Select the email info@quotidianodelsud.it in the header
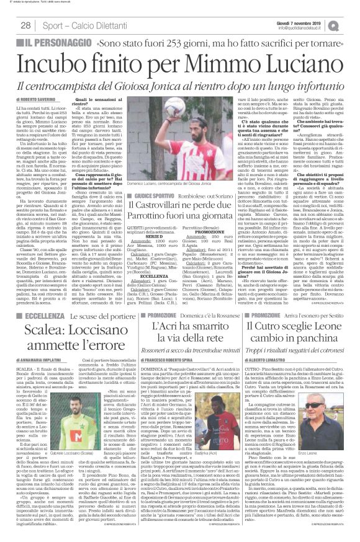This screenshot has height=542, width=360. [305, 27]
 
